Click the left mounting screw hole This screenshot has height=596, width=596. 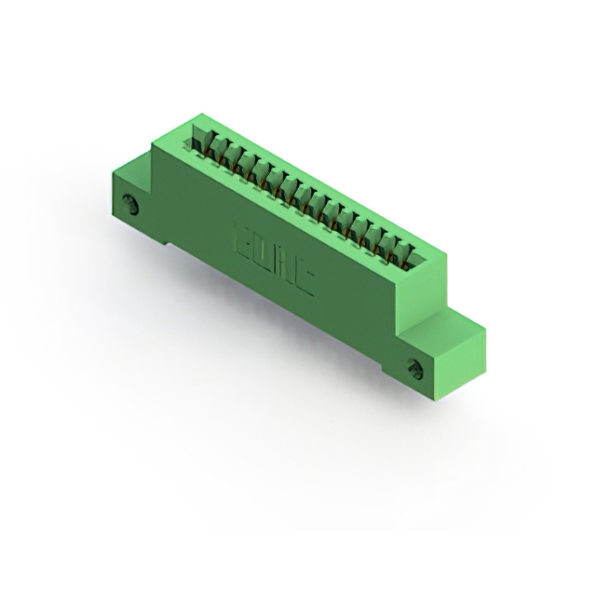134,207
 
